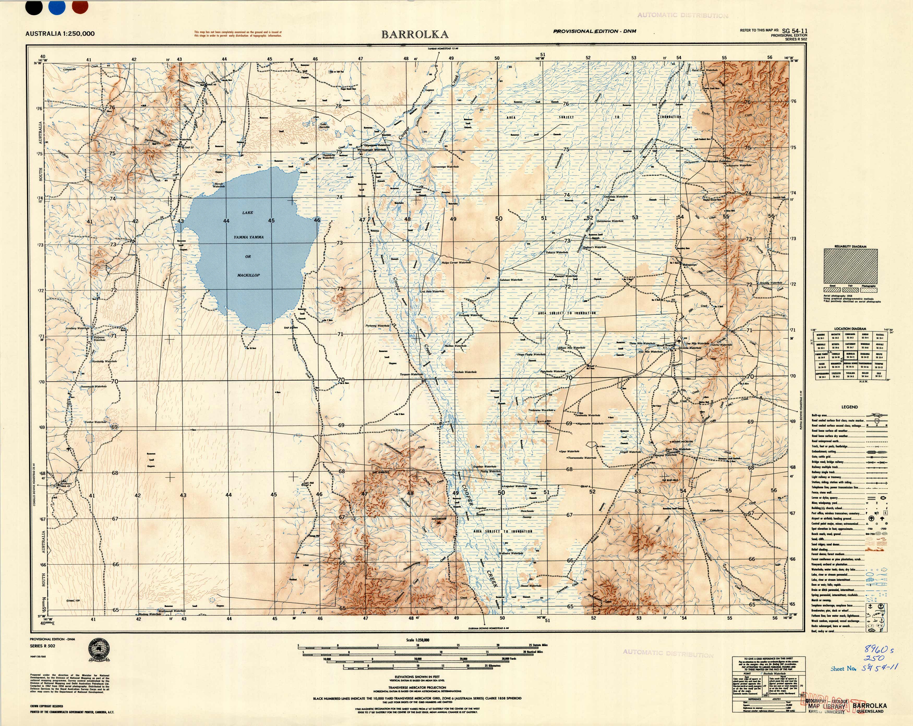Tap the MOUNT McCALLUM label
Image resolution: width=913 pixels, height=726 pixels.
coord(682,441)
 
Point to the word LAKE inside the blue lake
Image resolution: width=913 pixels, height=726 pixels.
coord(248,213)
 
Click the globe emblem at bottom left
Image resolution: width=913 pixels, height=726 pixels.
coord(98,649)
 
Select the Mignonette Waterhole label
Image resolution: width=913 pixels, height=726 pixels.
coord(591,424)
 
